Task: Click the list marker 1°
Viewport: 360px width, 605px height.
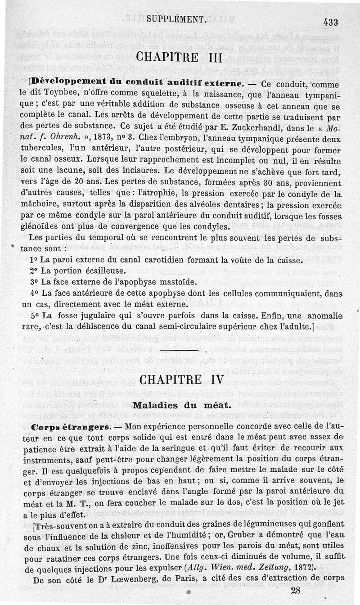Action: [33, 260]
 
